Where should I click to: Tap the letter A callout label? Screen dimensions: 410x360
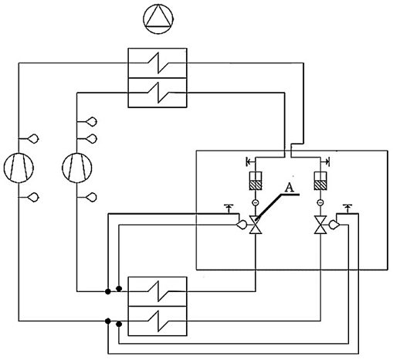coord(290,187)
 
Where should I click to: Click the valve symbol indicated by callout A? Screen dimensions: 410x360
coord(256,225)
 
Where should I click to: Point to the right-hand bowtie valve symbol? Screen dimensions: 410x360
coord(320,225)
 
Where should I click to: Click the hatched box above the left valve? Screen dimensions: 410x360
coord(256,185)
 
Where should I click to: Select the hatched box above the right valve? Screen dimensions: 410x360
coord(320,185)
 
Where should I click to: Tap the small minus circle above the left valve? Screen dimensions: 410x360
coord(256,202)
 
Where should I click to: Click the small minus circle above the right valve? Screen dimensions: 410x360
coord(320,202)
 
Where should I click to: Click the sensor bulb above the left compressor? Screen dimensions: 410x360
coord(33,138)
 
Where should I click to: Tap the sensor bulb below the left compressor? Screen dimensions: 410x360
coord(33,197)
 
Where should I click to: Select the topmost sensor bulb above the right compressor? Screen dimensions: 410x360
coord(92,121)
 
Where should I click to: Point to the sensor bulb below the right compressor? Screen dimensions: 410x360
coord(92,197)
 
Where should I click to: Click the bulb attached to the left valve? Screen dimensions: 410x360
coord(242,225)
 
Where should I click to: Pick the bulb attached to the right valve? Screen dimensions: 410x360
coord(334,225)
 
